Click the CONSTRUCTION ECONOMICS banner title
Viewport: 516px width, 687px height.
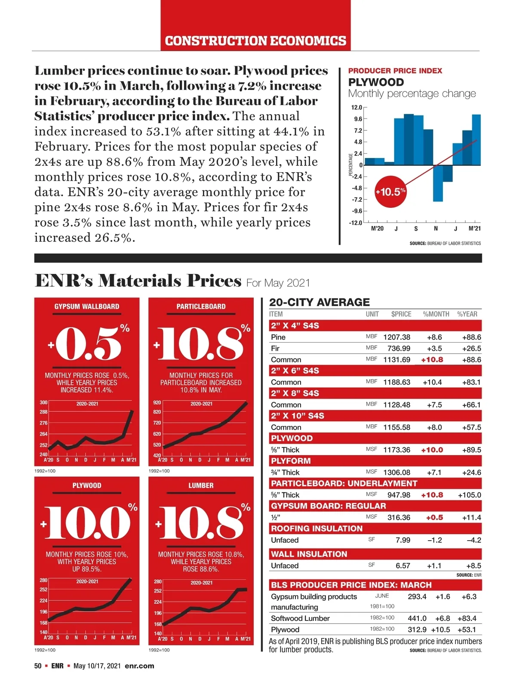(x=255, y=41)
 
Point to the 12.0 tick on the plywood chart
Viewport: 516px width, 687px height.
(x=356, y=107)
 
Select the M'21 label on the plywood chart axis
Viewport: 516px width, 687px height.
(x=474, y=228)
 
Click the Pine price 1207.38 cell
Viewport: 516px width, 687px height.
(x=396, y=337)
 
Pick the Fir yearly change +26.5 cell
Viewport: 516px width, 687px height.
(x=471, y=349)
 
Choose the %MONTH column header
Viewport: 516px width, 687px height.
(x=436, y=314)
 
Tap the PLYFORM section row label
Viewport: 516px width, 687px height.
(x=291, y=461)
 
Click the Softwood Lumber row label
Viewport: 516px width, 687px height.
(x=300, y=618)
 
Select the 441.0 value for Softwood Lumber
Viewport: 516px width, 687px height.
(x=417, y=618)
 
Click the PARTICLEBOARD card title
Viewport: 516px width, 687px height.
(x=201, y=307)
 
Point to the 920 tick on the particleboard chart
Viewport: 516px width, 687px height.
(x=157, y=403)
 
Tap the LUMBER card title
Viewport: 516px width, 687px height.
(x=201, y=486)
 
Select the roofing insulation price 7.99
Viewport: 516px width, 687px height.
(x=403, y=540)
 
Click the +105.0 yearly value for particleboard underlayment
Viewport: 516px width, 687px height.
(x=469, y=495)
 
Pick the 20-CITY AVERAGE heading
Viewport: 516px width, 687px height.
(x=319, y=302)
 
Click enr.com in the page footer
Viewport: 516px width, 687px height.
(x=139, y=666)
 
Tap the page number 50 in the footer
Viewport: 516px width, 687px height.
(x=38, y=666)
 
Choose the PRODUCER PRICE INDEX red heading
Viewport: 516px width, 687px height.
(x=395, y=71)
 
